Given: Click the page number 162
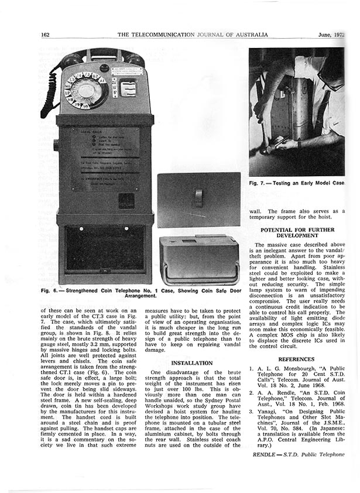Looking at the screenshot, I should pyautogui.click(x=45, y=35).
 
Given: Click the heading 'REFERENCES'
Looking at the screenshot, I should pyautogui.click(x=296, y=359).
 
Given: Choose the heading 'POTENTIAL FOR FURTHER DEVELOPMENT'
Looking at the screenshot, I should pyautogui.click(x=297, y=232).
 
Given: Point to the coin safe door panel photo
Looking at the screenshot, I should pyautogui.click(x=198, y=200).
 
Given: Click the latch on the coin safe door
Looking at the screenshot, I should pyautogui.click(x=198, y=196).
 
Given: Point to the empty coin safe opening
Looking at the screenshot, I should pyautogui.click(x=105, y=248).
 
